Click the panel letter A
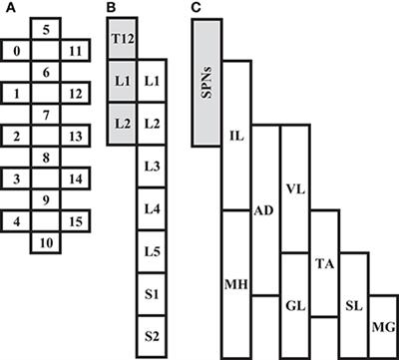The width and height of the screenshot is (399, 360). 9,10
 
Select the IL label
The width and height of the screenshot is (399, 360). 235,133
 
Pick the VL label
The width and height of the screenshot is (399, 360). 294,185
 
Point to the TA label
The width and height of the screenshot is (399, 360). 324,263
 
